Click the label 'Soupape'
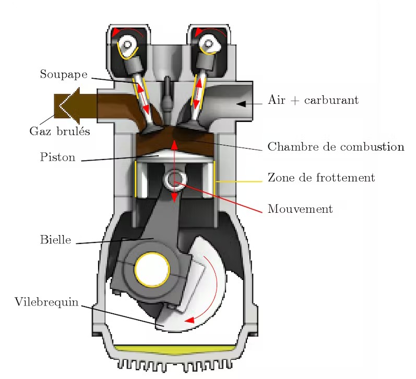pos(63,74)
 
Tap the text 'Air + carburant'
pos(313,100)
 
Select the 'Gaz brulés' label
pos(59,131)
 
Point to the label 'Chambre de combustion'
pos(336,146)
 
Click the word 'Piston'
pos(57,157)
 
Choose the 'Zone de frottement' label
pos(321,178)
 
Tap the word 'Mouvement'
pos(300,209)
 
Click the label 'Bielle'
pos(55,240)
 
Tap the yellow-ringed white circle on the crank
pos(152,269)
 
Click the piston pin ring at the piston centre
pos(174,179)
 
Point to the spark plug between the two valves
pos(166,94)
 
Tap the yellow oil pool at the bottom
pos(172,348)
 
